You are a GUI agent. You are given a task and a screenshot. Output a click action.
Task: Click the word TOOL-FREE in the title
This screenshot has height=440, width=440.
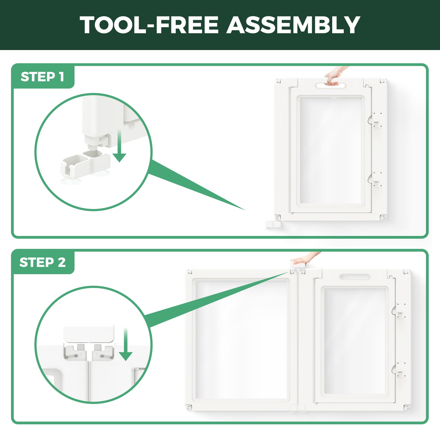(149, 25)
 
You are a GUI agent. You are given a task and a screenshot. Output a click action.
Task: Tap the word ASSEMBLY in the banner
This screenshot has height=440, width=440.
(293, 25)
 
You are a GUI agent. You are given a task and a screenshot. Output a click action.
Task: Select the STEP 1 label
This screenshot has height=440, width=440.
(42, 77)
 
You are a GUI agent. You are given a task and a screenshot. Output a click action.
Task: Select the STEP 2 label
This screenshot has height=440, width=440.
(43, 262)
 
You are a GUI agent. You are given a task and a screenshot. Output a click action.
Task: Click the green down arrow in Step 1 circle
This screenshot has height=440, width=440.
(119, 146)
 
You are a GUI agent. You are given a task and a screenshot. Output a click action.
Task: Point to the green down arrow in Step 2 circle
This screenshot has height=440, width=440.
(126, 344)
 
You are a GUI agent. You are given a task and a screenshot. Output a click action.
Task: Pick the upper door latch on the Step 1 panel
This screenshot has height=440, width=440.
(375, 120)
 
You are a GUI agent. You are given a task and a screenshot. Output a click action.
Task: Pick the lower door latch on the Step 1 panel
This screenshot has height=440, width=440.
(375, 179)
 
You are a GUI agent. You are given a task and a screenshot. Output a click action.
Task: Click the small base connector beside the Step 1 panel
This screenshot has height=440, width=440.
(273, 224)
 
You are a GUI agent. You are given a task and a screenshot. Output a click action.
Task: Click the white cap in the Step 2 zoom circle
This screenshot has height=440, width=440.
(89, 334)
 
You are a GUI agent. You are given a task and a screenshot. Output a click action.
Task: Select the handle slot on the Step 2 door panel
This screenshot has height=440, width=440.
(354, 276)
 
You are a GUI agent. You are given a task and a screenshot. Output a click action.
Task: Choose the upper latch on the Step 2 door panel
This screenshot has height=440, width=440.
(399, 311)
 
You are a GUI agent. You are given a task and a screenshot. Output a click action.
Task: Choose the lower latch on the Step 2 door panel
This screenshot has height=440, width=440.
(399, 369)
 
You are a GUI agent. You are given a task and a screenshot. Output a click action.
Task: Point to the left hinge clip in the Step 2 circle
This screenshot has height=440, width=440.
(75, 352)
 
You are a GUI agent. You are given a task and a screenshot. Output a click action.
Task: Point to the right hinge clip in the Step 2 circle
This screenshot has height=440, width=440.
(103, 352)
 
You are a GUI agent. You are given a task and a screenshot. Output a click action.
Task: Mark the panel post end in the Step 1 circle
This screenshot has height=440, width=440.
(95, 140)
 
